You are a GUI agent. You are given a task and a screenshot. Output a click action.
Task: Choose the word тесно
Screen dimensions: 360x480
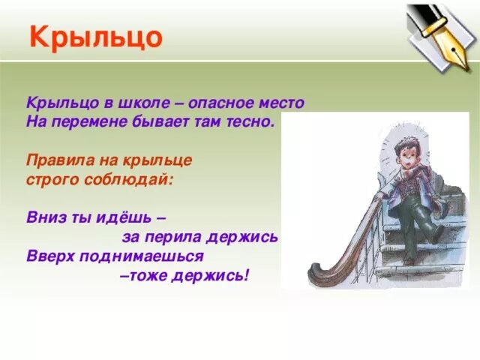point(252,120)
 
